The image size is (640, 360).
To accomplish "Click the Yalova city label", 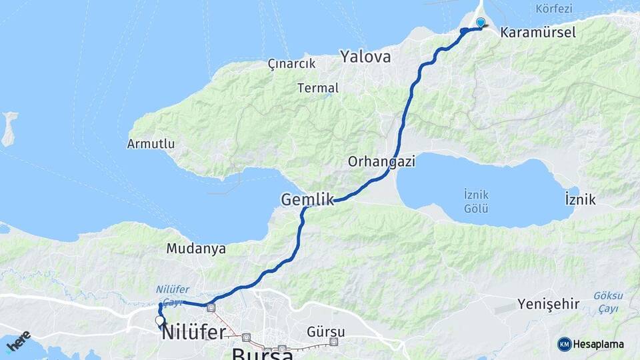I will (365, 57).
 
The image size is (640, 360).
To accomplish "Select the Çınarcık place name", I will (291, 63).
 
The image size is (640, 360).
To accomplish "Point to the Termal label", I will (318, 87).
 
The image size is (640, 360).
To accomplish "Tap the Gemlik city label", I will (307, 199).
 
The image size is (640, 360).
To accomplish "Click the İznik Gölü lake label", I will (476, 201).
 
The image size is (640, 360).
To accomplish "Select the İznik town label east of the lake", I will (579, 199).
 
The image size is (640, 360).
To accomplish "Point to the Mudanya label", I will (196, 249).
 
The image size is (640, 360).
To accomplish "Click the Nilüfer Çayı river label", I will (173, 295).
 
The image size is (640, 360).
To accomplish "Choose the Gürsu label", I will (327, 331).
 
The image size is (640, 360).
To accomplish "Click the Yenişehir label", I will (549, 305).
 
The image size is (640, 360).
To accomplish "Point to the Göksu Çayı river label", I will (607, 301).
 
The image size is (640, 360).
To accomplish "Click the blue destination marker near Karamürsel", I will (480, 23).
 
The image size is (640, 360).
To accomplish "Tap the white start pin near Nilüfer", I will (159, 321).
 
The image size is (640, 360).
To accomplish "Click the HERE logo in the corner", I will (18, 341).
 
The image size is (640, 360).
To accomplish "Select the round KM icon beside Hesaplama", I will (565, 344).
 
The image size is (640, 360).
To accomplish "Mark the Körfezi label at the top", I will (554, 9).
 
